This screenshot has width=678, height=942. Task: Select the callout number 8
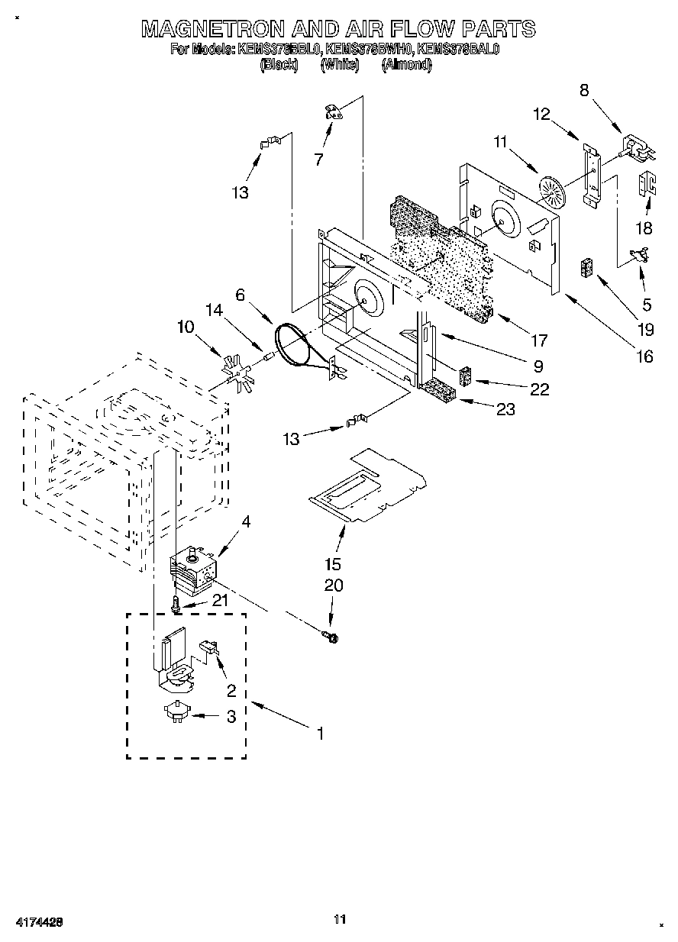[x=584, y=89]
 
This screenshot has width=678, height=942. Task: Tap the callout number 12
[x=541, y=114]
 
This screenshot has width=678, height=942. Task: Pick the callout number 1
[x=320, y=734]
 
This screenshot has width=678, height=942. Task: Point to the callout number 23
[x=505, y=409]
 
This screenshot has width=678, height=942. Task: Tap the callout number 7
[x=318, y=160]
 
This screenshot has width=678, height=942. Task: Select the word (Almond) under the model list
[x=406, y=65]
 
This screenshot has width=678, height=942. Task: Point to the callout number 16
[x=645, y=356]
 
